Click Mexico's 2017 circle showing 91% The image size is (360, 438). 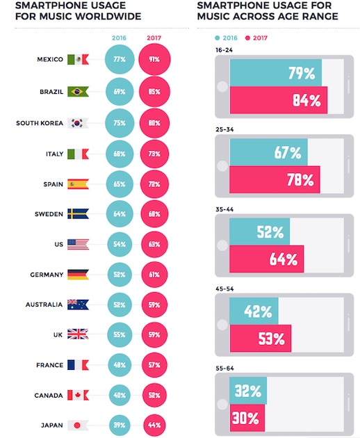[154, 59]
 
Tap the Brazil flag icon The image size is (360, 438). [78, 92]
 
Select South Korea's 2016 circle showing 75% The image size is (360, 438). [120, 123]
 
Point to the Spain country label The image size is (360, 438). [53, 184]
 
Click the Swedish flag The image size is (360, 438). [78, 213]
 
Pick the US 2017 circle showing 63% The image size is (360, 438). [154, 244]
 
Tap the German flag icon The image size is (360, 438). [78, 275]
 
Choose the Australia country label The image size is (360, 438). [44, 305]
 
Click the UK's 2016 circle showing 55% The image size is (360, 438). [120, 334]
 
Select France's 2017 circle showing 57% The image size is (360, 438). [154, 365]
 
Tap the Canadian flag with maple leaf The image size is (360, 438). [78, 396]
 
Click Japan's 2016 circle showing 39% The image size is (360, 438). [120, 425]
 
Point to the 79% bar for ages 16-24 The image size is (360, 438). [276, 72]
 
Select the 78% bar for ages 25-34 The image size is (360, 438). [275, 179]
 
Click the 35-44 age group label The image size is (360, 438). [224, 209]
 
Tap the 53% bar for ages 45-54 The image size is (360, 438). [261, 339]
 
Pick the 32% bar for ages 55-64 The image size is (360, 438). [248, 391]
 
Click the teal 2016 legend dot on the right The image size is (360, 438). [218, 38]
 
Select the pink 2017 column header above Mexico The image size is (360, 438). [154, 38]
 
